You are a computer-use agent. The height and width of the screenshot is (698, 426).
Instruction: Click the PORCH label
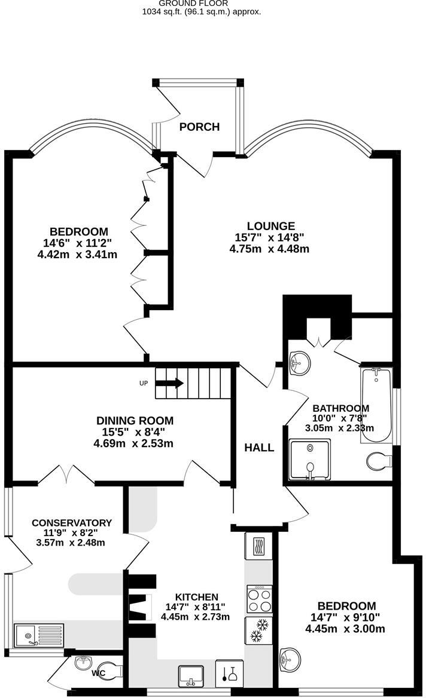coord(199,127)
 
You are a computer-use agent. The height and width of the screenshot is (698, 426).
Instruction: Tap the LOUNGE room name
coord(270,226)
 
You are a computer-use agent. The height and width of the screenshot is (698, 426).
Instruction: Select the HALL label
coord(259,447)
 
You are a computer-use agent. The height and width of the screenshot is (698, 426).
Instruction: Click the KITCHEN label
coord(196,596)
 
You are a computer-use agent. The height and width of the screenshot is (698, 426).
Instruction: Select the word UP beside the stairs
coord(144,383)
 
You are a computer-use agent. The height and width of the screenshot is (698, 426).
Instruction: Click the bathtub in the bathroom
coord(376,405)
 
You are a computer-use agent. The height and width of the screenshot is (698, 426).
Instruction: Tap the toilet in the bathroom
coord(378,461)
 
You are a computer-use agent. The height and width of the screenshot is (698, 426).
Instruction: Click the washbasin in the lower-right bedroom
coord(290,658)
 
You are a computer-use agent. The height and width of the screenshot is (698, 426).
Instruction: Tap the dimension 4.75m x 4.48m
coord(269,249)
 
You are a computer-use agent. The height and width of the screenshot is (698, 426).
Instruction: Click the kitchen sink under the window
coord(191,674)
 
